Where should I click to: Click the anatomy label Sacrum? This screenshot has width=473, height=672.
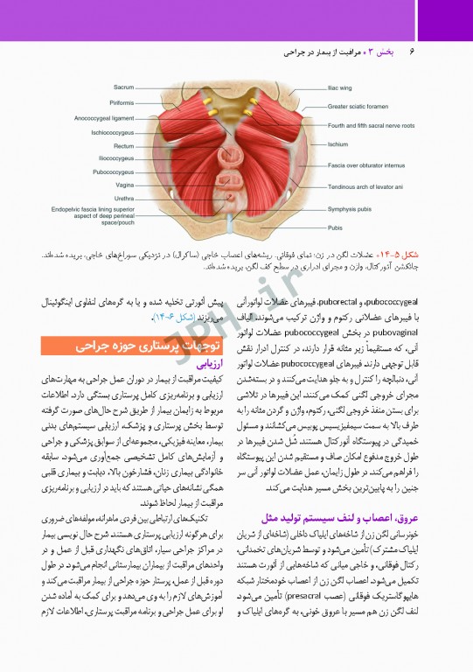pos(123,87)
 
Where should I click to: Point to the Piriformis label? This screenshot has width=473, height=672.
pos(122,102)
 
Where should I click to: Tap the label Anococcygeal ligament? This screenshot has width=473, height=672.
pos(104,117)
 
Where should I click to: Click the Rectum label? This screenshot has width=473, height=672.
pos(123,146)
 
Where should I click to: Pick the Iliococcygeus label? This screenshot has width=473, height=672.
pos(115,158)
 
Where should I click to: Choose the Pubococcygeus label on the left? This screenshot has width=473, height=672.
pos(113,172)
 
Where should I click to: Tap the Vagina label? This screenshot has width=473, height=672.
pos(124,185)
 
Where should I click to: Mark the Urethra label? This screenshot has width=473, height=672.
pos(123,199)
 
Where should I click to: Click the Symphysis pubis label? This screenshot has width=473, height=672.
pos(351,209)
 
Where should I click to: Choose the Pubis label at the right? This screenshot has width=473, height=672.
pos(335,227)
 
